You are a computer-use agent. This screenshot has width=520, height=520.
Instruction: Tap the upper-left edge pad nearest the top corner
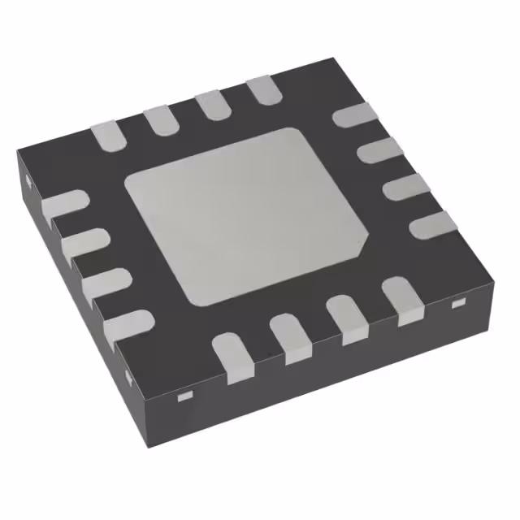(x=262, y=89)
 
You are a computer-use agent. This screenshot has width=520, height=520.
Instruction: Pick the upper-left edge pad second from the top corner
(x=210, y=105)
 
